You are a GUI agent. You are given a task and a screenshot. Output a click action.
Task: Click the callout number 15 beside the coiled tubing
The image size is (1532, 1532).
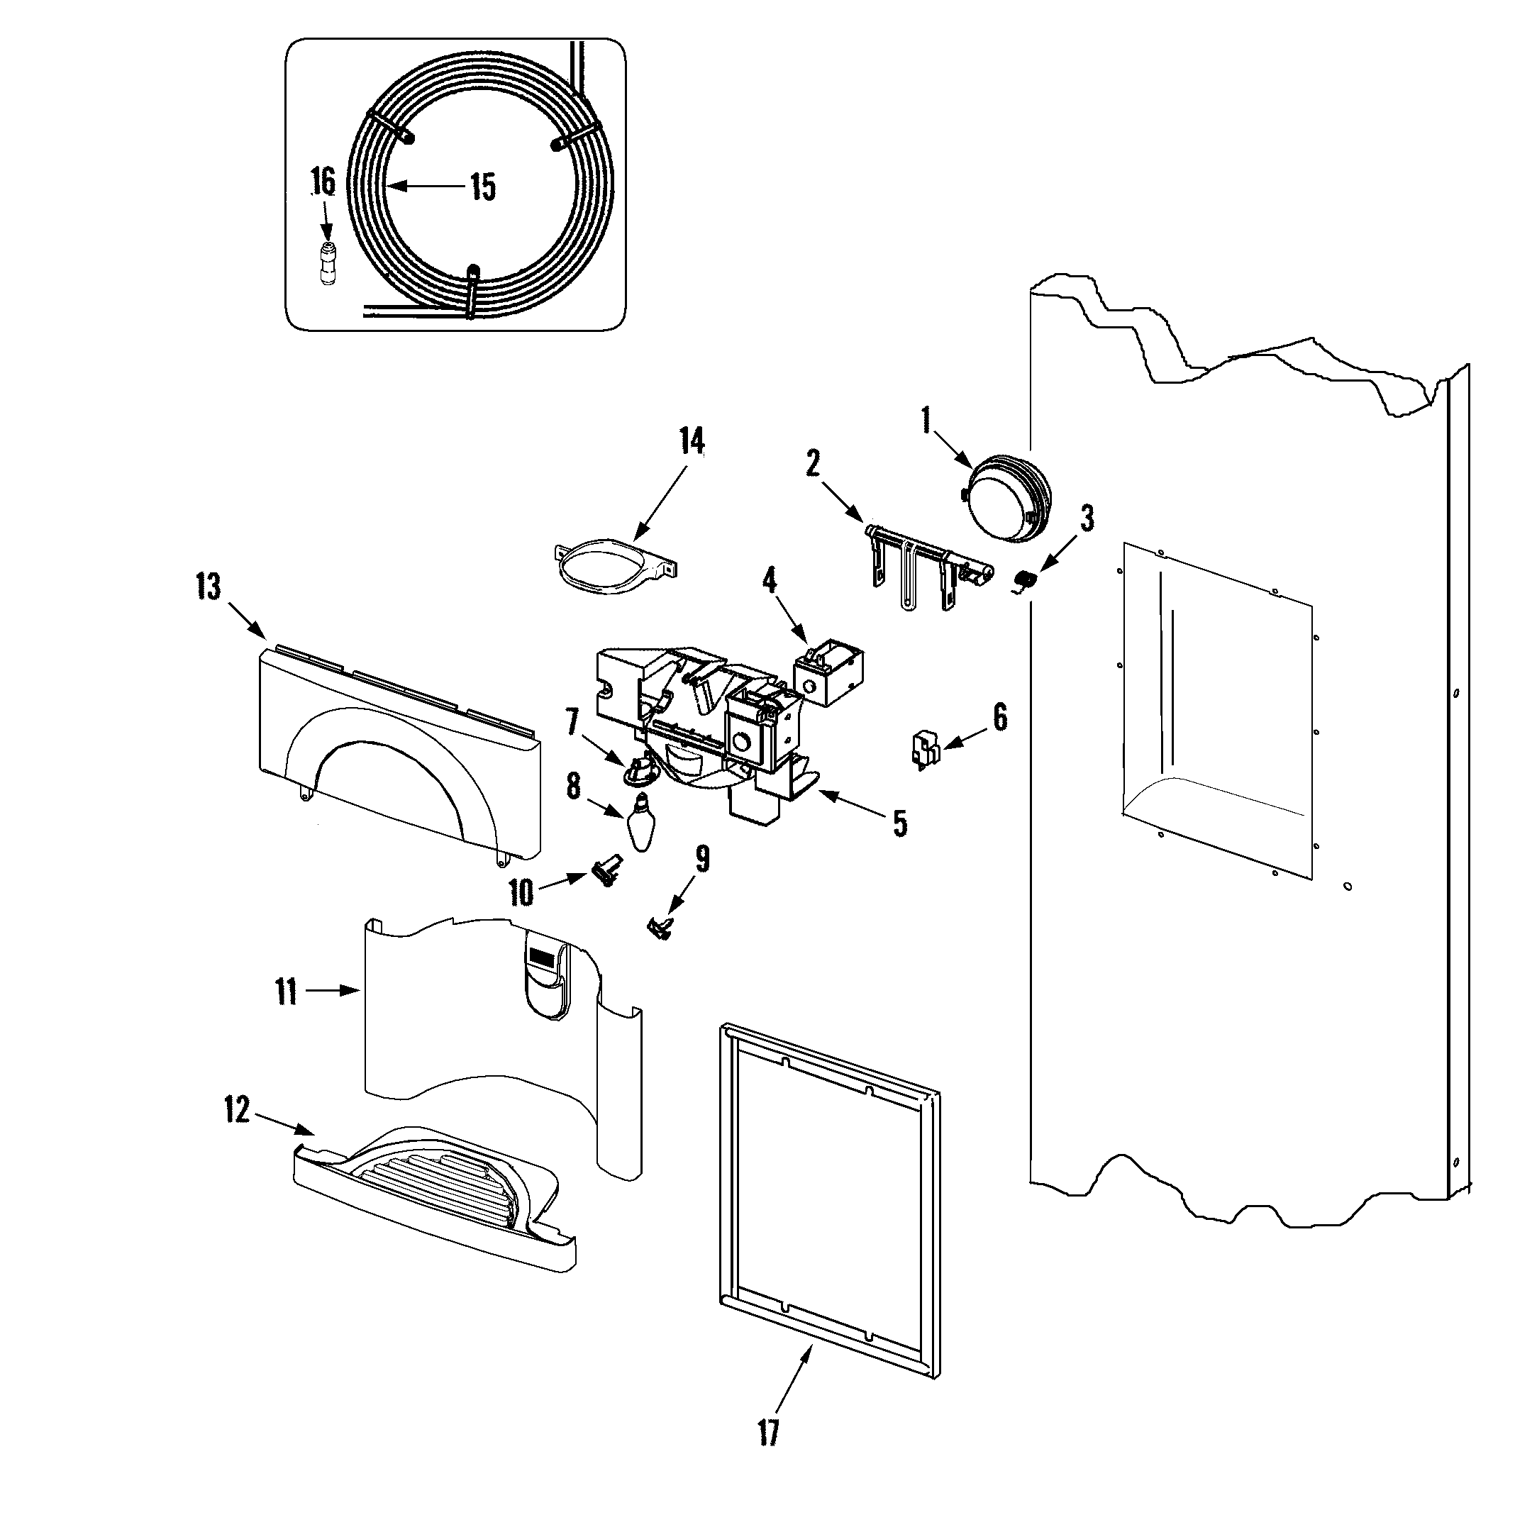(x=482, y=187)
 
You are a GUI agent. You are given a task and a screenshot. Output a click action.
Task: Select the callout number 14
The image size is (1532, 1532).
(x=692, y=441)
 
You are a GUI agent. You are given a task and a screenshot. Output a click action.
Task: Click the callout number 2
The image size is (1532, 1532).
(x=814, y=464)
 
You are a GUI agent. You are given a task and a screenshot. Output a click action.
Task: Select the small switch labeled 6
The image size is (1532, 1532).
(x=923, y=748)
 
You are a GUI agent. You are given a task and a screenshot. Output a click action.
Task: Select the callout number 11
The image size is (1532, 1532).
(x=287, y=992)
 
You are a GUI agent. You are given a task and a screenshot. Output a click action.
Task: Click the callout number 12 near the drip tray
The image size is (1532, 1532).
(x=237, y=1110)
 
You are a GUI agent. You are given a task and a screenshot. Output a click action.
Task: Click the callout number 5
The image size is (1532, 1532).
(x=899, y=823)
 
